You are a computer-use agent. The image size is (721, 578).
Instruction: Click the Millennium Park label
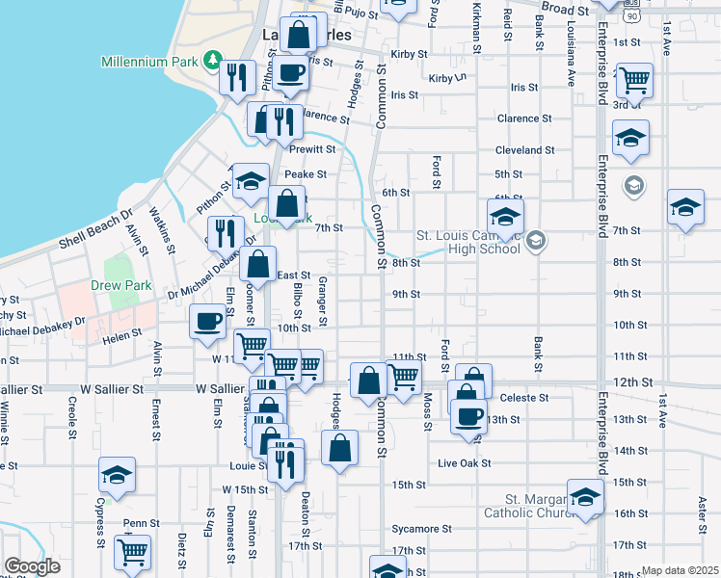(150, 62)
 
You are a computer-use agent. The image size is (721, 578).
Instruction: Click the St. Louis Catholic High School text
(468, 241)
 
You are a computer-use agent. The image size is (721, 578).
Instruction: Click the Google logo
(32, 566)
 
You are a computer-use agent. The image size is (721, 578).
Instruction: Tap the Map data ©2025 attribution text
(680, 570)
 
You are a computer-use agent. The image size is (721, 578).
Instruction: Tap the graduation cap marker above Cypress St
(116, 475)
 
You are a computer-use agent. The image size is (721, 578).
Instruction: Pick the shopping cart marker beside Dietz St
(132, 552)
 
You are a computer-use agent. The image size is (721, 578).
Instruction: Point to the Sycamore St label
(421, 529)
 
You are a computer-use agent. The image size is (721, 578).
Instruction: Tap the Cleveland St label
(525, 150)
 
